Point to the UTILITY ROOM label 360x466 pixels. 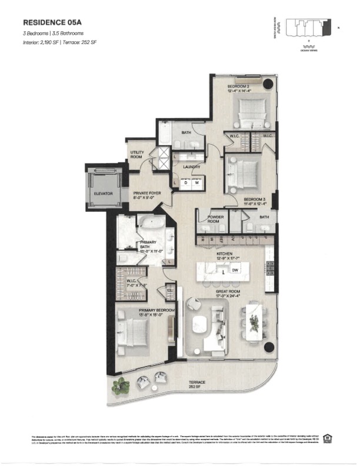coord(136,155)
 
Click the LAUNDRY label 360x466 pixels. coord(191,167)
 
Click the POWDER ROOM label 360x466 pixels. coord(215,218)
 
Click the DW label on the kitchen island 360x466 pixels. coord(235,271)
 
